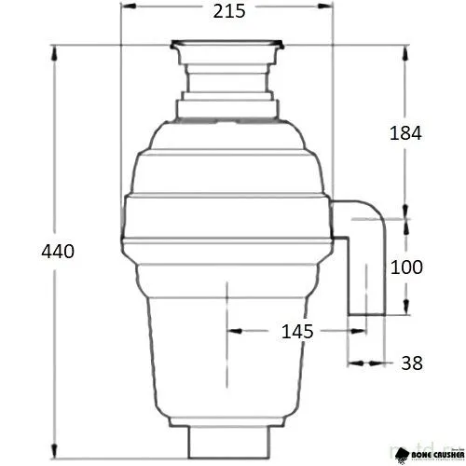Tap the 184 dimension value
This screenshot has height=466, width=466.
(405, 132)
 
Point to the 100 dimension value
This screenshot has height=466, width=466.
(405, 267)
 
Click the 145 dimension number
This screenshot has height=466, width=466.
(295, 331)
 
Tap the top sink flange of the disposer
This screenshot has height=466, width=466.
(227, 43)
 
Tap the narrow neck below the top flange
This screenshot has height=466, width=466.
(227, 70)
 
